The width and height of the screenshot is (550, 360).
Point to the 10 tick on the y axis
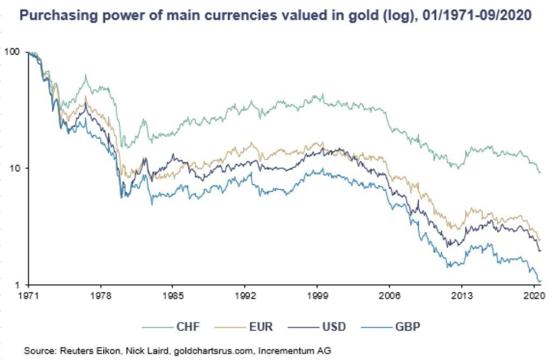point(15,168)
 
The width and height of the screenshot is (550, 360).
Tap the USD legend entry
point(325,326)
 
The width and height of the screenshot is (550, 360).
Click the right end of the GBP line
point(540,281)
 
